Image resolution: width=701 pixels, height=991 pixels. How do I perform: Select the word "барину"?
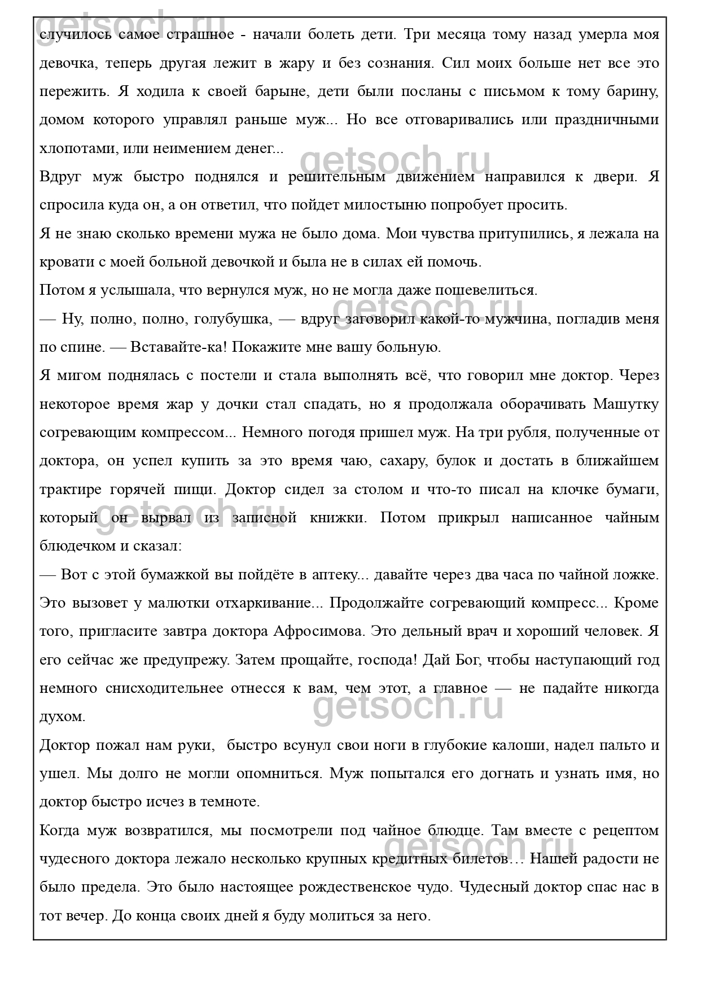(x=634, y=91)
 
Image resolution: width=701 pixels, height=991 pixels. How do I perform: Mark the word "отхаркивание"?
(x=264, y=603)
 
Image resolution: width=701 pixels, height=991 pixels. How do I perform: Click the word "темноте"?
(x=231, y=802)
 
